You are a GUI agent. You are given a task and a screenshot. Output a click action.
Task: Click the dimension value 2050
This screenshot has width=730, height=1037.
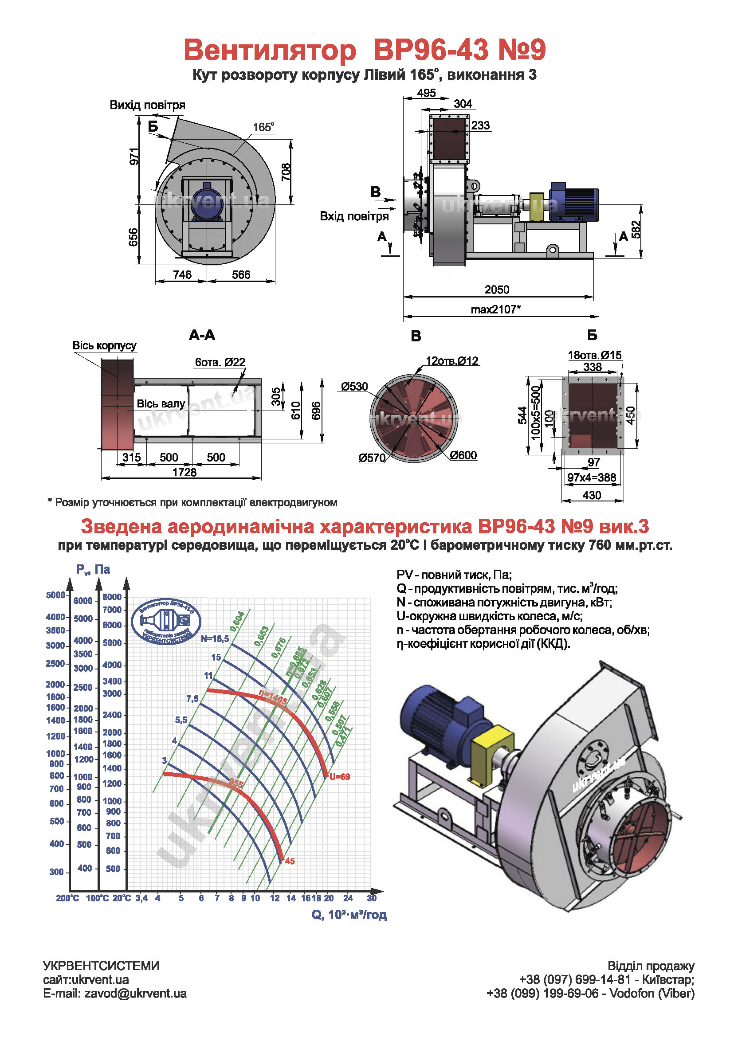pos(496,290)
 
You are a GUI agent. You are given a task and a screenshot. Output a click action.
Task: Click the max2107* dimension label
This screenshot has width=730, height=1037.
pos(495,309)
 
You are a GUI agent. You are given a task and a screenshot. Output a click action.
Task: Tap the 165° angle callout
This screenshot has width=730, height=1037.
pos(263,127)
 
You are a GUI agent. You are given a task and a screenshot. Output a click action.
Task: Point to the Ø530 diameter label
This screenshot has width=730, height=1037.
pos(355,387)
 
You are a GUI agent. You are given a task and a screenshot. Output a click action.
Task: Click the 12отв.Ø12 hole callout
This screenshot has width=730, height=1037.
pos(452,361)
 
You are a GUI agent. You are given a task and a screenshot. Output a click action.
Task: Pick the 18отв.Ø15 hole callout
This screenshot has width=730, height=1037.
pos(594,355)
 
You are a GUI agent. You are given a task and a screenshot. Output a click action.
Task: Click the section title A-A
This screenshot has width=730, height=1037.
pos(202,335)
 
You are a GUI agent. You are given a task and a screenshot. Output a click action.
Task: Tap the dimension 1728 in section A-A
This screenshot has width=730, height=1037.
pos(184,473)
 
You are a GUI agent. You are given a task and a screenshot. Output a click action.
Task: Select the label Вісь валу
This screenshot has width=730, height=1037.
pos(161,404)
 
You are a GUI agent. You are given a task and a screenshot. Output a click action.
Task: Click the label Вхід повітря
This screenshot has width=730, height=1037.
pos(354,216)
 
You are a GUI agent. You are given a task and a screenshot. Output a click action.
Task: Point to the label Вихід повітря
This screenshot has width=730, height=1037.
pos(148,105)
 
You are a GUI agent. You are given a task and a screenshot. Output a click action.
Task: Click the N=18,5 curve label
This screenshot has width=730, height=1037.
pos(215,638)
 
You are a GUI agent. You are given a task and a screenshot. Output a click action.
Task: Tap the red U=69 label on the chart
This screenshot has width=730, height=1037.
pos(340,777)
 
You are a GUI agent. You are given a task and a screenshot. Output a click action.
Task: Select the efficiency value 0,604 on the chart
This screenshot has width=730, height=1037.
pos(238,622)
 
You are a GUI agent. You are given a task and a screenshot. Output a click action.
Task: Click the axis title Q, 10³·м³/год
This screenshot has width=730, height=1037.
pos(349,915)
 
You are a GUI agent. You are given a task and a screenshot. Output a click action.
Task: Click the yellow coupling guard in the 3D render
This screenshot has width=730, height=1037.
pos(491,754)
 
